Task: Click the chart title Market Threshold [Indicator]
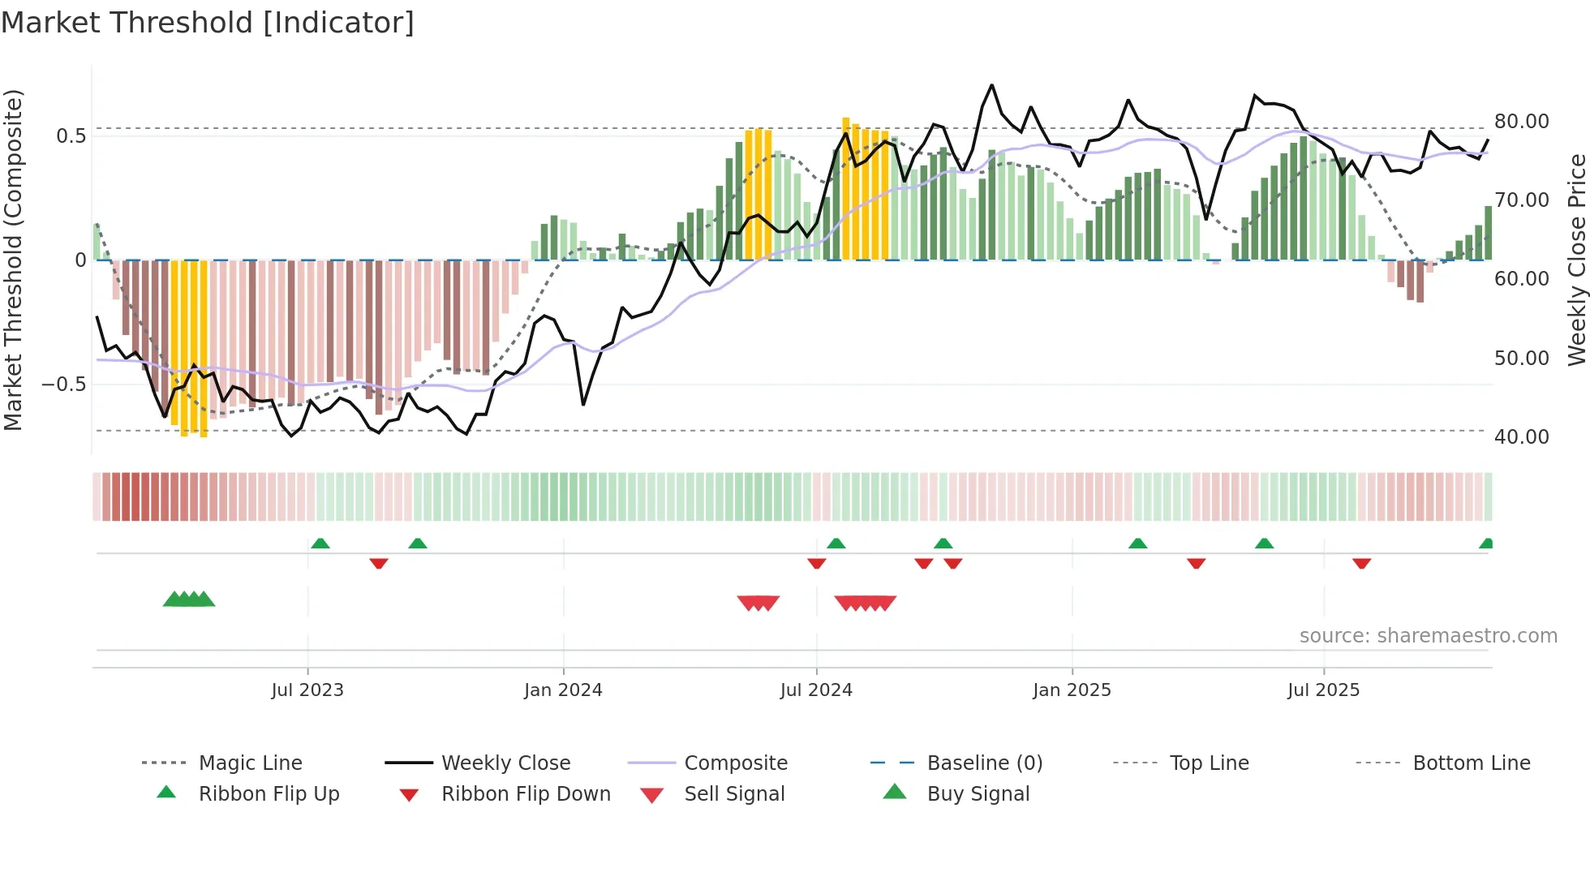pos(208,23)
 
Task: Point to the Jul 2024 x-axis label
pos(816,690)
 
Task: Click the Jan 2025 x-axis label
pos(1072,690)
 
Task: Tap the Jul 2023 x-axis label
pos(307,690)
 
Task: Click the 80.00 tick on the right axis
pos(1521,121)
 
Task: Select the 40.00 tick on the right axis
pos(1521,436)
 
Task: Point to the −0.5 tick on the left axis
pos(64,384)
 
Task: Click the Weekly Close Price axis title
pos(1576,260)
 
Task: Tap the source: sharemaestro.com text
pos(1428,635)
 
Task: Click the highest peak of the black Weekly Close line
pos(991,85)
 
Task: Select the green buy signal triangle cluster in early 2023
pos(189,600)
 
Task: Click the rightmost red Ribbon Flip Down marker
pos(1361,563)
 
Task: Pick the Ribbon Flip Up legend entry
pos(269,793)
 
